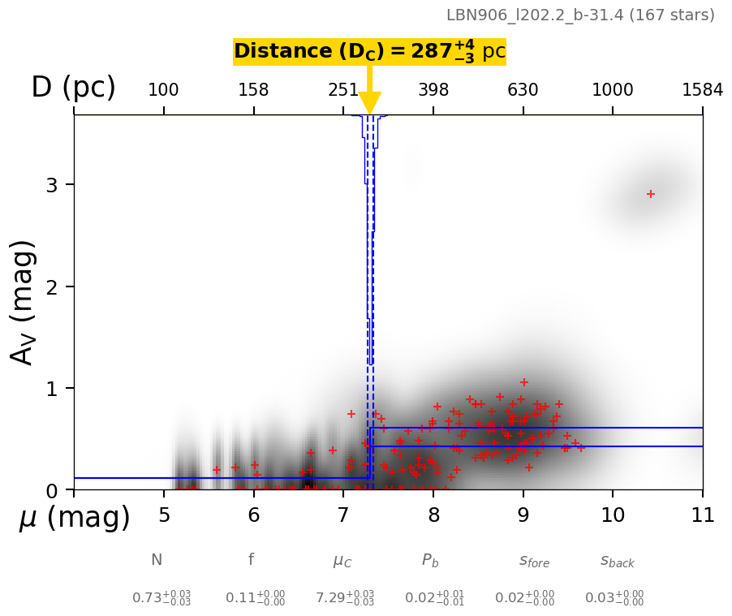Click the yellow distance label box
coord(369,52)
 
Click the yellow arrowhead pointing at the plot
coord(369,104)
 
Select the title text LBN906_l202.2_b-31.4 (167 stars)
coord(580,15)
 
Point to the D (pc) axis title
coord(73,88)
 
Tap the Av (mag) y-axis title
coord(24,302)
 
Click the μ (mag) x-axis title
coord(75,518)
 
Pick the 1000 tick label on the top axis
coord(613,90)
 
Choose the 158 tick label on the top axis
coord(253,90)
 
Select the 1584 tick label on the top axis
coord(702,90)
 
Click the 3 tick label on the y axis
coord(54,185)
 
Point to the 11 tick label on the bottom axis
coord(703,515)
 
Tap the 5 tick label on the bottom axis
coord(164,515)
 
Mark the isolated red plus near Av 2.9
coord(651,194)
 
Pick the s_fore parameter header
coord(534,561)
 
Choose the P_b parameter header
coord(430,560)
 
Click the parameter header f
coord(251,559)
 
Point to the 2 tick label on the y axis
coord(54,286)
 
